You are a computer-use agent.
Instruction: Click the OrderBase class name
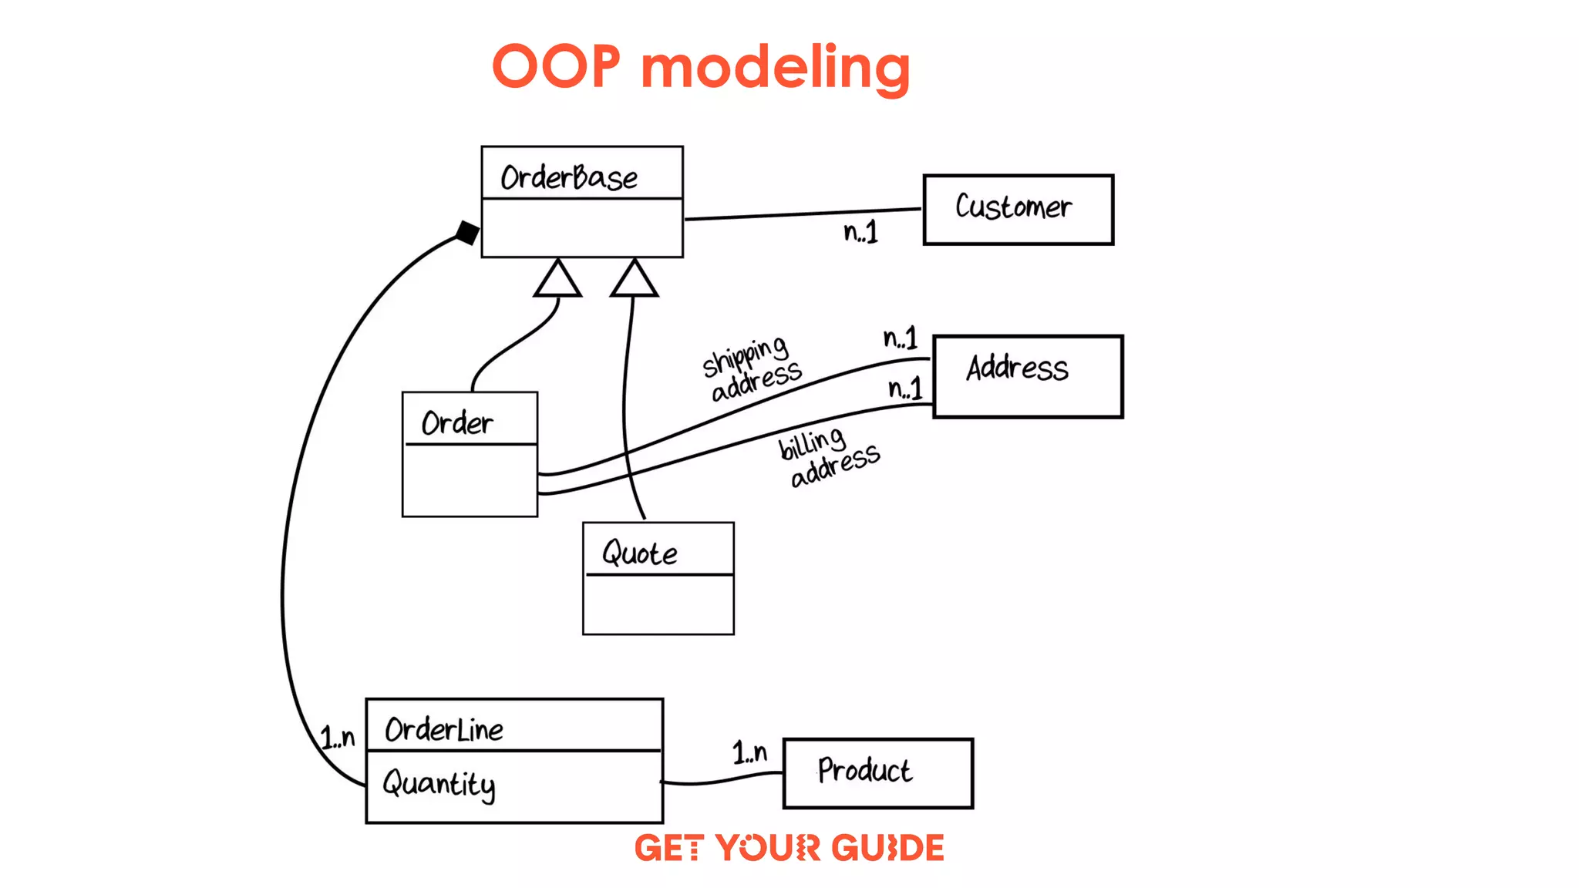569,178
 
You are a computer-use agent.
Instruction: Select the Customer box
1018,210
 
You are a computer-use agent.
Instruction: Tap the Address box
1028,376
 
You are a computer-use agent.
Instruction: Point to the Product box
877,773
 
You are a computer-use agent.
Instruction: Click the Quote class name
639,553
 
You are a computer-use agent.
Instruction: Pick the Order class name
456,422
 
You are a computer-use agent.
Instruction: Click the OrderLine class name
443,729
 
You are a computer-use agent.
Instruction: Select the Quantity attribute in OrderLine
439,785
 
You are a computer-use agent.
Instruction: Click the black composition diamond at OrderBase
467,232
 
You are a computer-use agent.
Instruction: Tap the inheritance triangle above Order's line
557,281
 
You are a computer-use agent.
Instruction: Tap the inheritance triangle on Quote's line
634,281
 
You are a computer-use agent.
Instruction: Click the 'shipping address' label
751,369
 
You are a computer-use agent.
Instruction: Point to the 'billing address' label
828,458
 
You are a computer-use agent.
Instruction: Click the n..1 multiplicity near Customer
860,232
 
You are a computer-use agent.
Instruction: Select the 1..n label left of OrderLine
338,738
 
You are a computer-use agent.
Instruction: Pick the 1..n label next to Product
749,752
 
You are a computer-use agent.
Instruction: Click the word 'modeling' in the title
776,68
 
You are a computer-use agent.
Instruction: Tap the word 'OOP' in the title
556,68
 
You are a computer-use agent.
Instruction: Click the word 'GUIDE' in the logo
887,848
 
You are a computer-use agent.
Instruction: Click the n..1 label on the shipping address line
901,338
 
